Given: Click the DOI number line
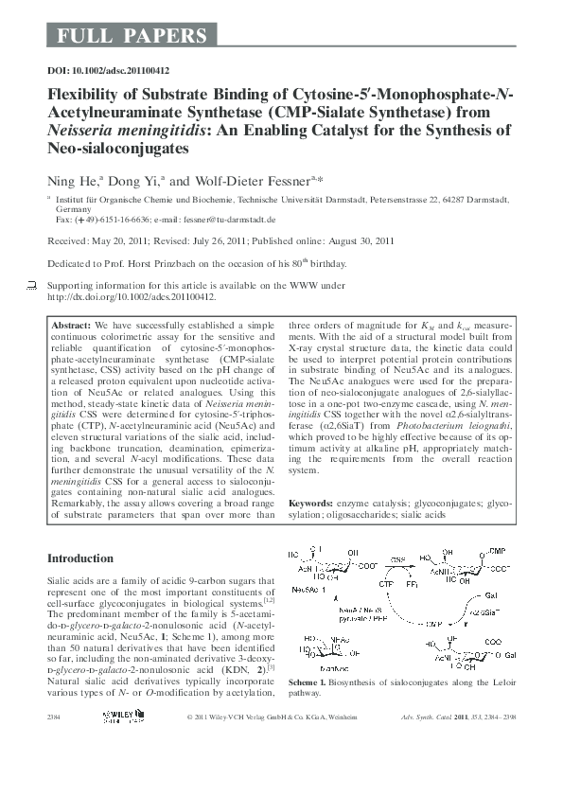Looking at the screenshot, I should (x=108, y=71).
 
